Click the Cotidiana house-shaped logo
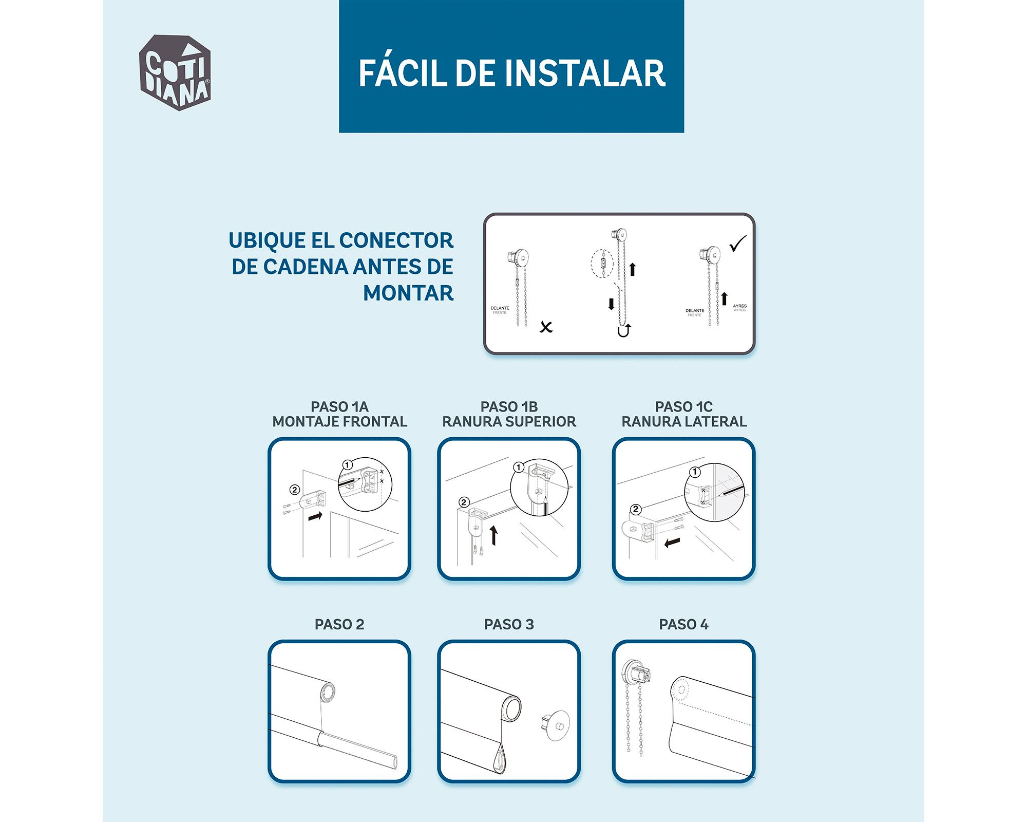tap(175, 73)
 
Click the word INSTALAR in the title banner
tap(585, 73)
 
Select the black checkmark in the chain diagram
tap(738, 244)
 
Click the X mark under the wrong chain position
tap(546, 327)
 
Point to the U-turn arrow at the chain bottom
tap(624, 331)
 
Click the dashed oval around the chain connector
tap(602, 264)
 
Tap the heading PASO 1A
tap(339, 407)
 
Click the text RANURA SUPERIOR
tap(509, 422)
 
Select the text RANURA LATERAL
tap(684, 422)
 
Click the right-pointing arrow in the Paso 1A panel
tap(315, 516)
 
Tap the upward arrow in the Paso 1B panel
tap(494, 535)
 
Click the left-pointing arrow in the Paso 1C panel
tap(672, 543)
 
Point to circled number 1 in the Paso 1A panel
tap(348, 465)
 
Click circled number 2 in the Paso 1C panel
tap(636, 509)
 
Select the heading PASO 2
tap(339, 625)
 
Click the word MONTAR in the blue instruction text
tap(408, 293)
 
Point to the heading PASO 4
tap(683, 625)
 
